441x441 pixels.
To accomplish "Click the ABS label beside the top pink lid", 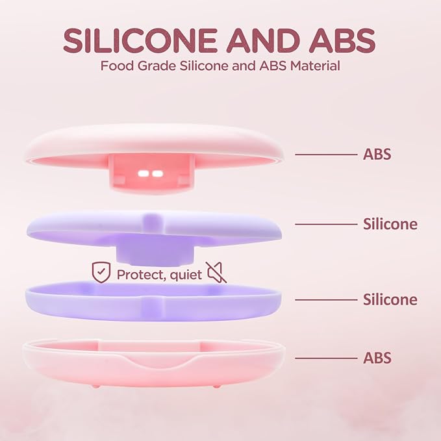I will [x=377, y=155].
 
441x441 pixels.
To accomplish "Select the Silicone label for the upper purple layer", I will [x=390, y=224].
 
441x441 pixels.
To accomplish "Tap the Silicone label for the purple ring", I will [x=390, y=299].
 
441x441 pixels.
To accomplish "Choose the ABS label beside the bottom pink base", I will [x=377, y=358].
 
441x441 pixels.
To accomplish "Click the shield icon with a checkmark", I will [x=101, y=273].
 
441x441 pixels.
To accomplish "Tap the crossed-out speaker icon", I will [x=216, y=273].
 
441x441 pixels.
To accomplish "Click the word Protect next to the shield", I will [x=139, y=274].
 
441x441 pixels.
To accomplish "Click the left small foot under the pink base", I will [x=96, y=385].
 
